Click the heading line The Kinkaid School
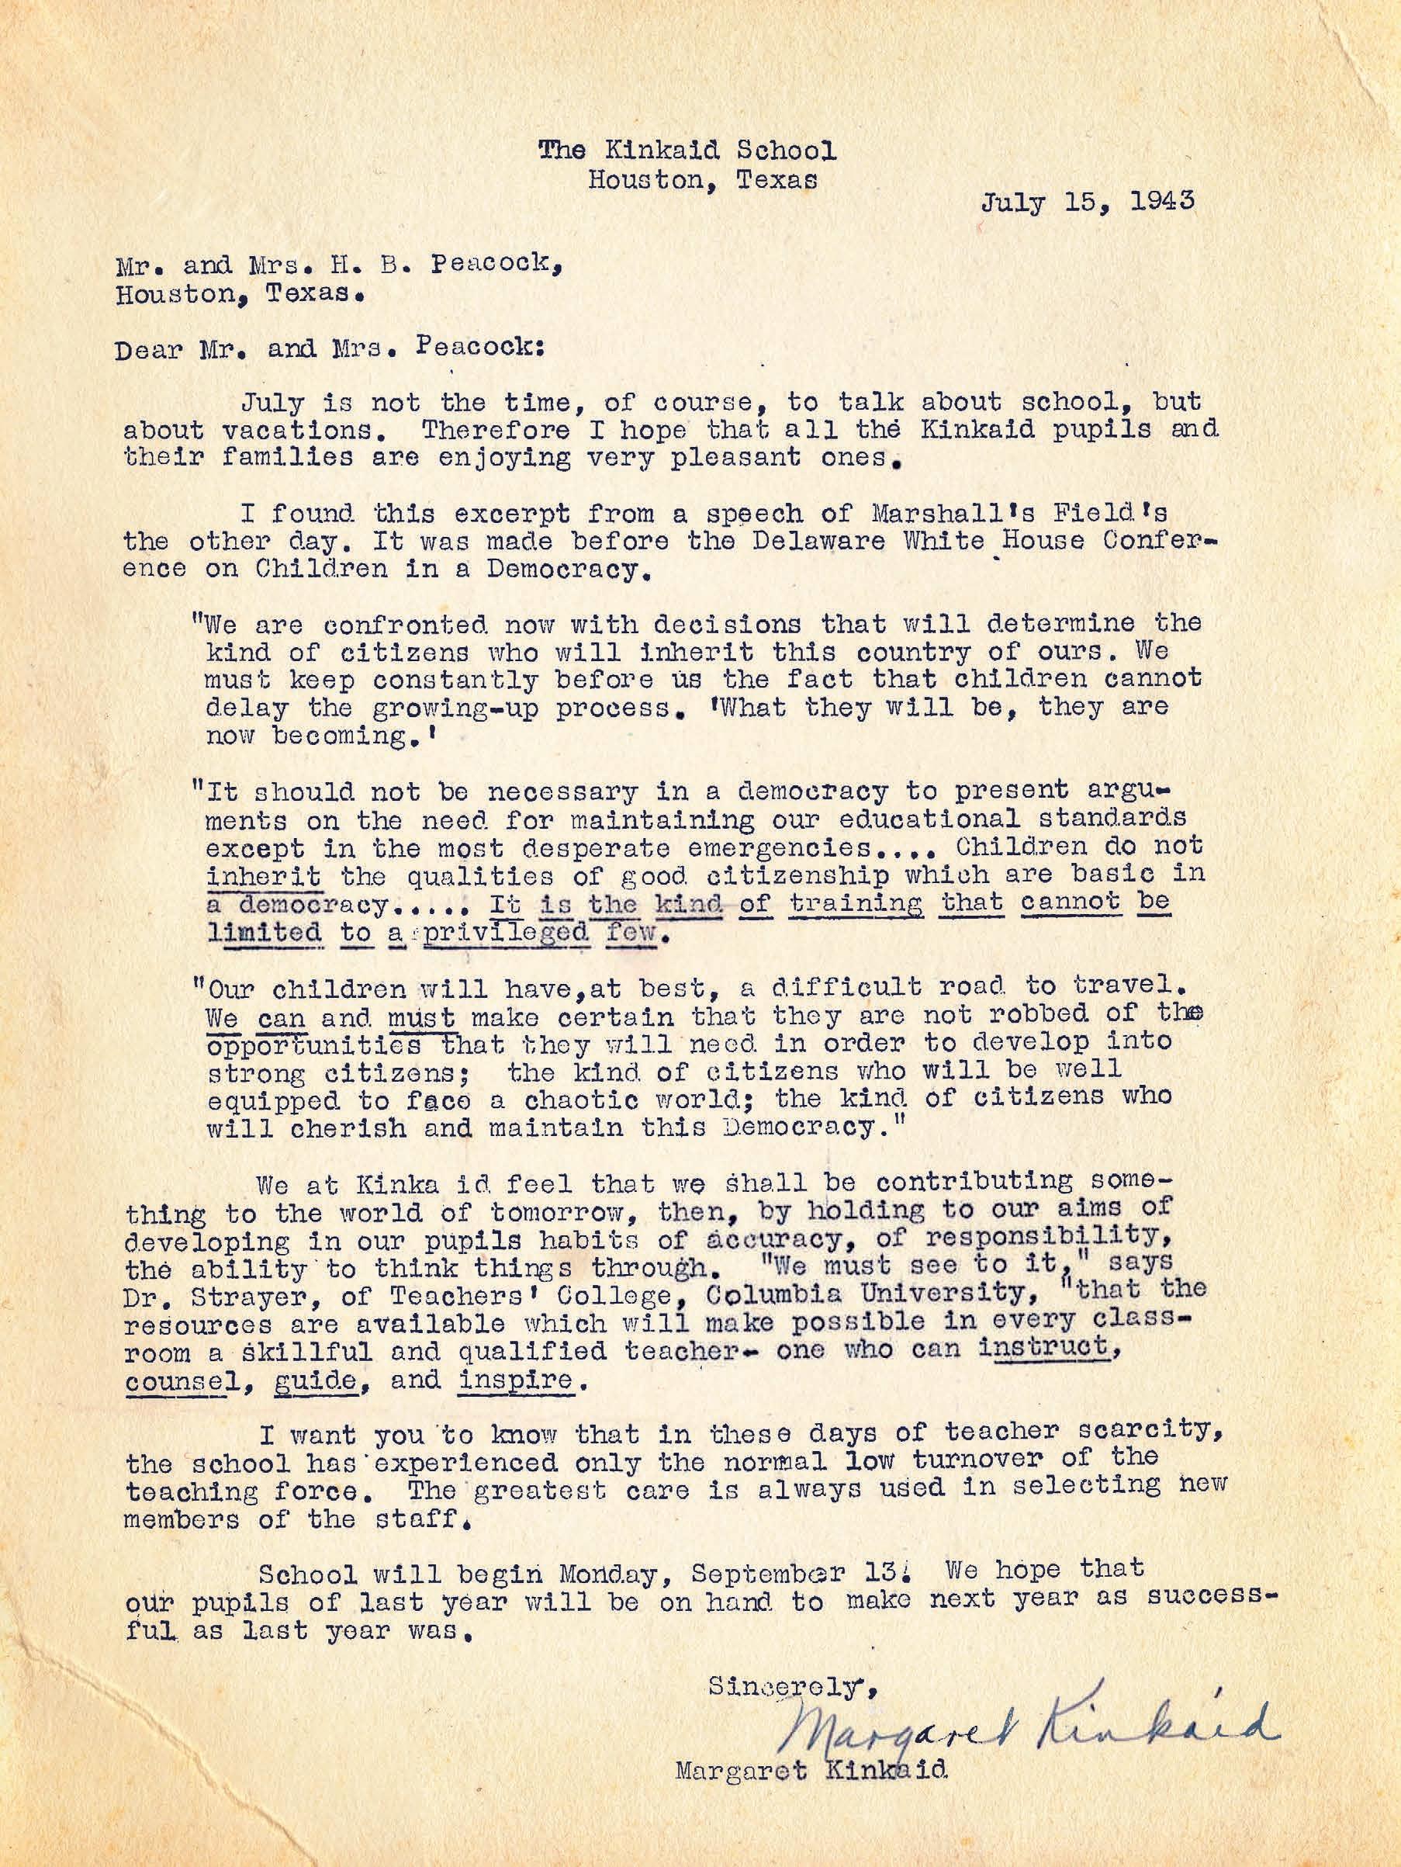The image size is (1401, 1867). tap(688, 151)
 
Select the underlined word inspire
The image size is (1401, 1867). tap(515, 1379)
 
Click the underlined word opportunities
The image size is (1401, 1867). tap(313, 1043)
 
